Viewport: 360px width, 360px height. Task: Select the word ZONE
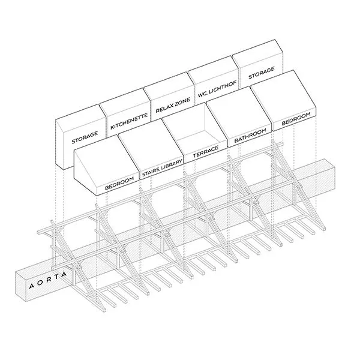[x=181, y=100]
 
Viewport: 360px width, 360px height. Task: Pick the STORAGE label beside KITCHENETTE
[x=84, y=134]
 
